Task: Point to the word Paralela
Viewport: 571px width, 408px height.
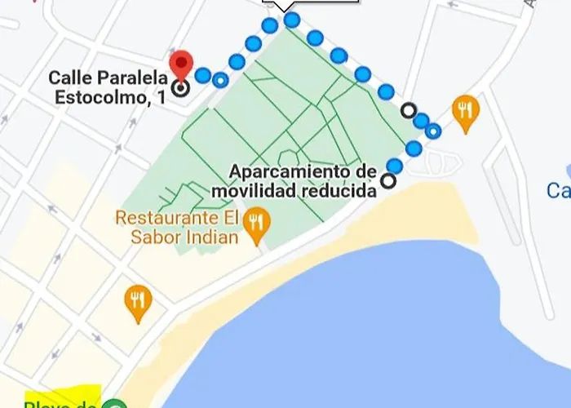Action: click(x=132, y=78)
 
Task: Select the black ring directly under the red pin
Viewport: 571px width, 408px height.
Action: click(x=180, y=87)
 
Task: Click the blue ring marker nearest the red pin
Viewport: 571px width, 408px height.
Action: click(x=220, y=80)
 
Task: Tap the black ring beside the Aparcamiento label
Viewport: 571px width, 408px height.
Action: click(x=389, y=181)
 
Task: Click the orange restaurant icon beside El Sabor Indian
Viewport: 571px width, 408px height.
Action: click(x=257, y=228)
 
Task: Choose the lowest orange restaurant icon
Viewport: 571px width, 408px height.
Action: click(x=138, y=303)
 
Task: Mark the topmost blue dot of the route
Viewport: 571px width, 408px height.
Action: click(x=291, y=20)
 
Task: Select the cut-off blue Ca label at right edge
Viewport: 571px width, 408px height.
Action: click(x=559, y=191)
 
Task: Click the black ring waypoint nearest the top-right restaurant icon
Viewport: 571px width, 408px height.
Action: click(x=409, y=110)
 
